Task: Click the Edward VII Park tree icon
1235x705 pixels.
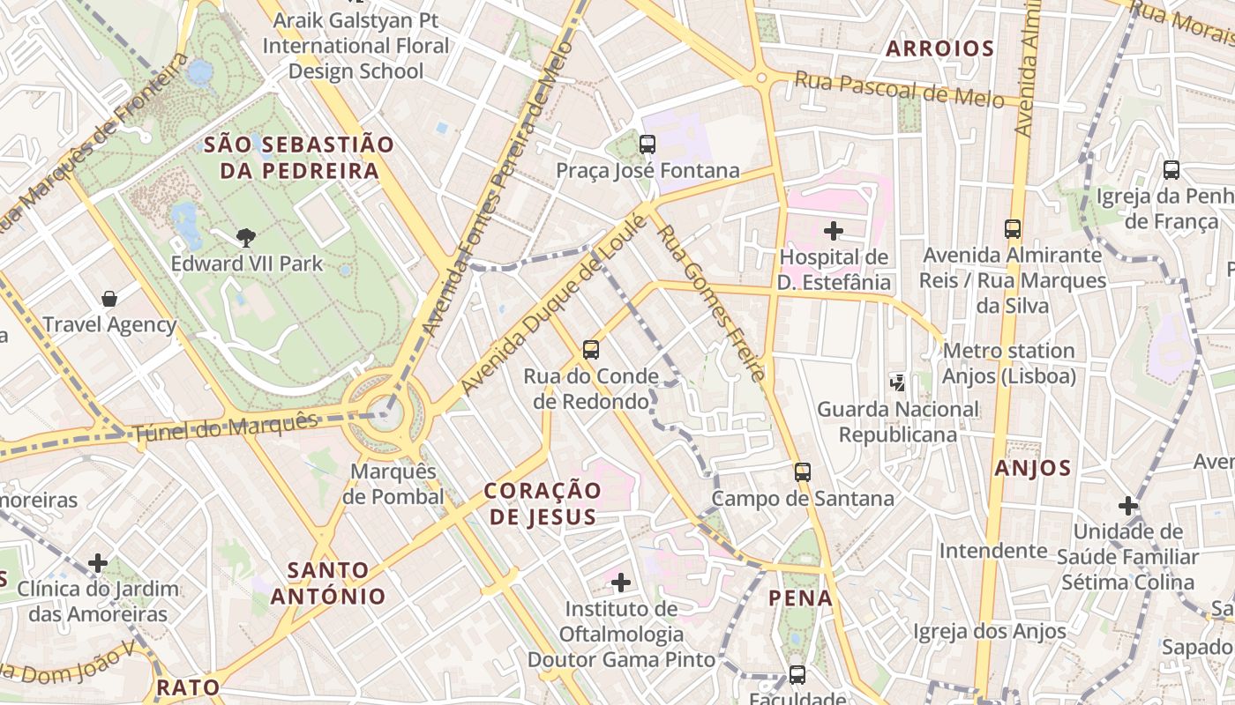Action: point(246,236)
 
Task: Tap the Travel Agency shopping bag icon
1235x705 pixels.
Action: point(109,299)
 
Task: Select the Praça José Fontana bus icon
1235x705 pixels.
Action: point(647,144)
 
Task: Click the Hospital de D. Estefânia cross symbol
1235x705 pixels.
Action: point(833,231)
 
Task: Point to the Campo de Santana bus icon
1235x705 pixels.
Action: point(802,471)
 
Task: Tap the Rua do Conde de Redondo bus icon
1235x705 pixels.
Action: point(591,350)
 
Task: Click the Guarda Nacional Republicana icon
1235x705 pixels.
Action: point(897,382)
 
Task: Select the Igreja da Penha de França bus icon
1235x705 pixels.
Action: point(1171,170)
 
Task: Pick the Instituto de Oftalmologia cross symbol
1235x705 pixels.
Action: point(621,582)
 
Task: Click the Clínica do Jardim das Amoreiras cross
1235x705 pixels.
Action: point(98,562)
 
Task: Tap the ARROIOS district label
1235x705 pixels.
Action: point(939,48)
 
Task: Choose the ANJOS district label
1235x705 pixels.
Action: point(1033,468)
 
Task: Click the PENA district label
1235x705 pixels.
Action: point(800,598)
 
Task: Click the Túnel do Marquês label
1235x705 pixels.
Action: point(225,428)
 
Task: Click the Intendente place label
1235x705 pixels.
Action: point(992,551)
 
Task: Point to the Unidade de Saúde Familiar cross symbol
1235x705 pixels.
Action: point(1127,506)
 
